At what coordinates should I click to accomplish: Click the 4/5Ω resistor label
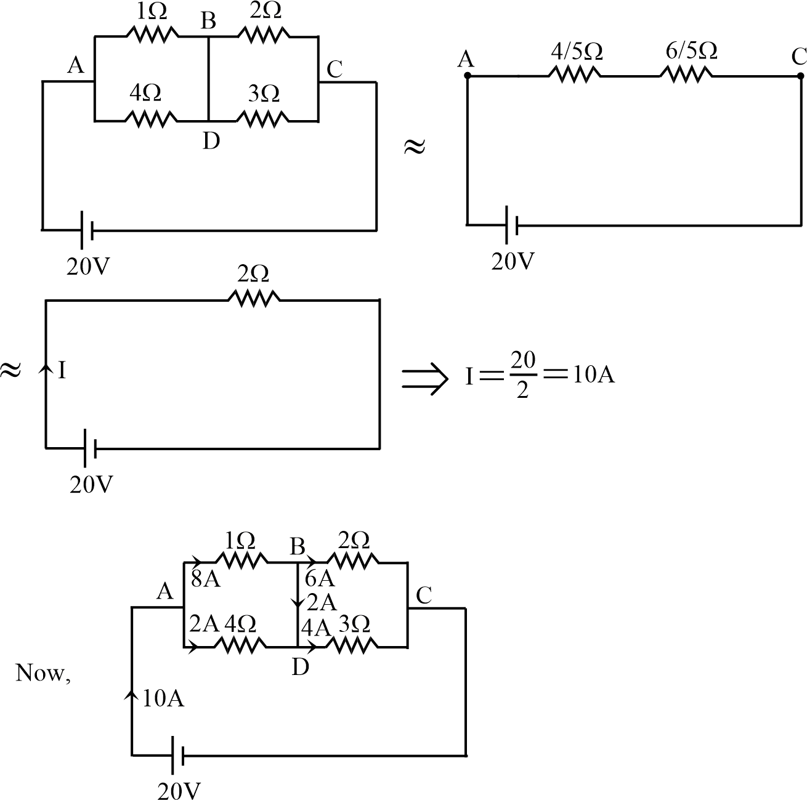coord(576,52)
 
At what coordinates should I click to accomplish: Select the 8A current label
coord(206,580)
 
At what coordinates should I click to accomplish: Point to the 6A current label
coord(319,578)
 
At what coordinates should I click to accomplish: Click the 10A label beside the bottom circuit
coord(163,699)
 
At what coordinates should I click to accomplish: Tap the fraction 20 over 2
coord(522,374)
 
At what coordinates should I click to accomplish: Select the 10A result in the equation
coord(594,374)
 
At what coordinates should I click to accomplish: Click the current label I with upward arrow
coord(62,371)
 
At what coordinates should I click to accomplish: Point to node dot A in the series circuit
coord(467,76)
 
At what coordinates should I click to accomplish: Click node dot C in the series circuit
coord(800,76)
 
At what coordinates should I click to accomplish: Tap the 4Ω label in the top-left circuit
coord(145,93)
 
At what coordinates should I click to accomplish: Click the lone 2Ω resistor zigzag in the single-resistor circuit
coord(254,299)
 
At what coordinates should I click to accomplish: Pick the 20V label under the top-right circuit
coord(513,262)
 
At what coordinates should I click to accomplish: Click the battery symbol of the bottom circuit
coord(177,754)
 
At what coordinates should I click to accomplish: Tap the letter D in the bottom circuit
coord(299,666)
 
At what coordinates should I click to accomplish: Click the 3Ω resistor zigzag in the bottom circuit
coord(351,645)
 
